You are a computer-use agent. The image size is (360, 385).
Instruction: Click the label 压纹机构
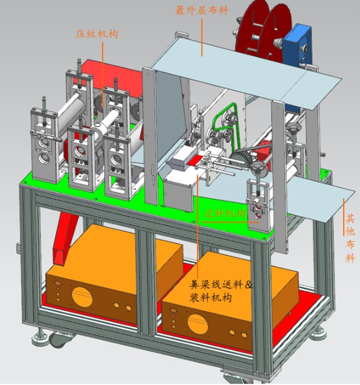97,34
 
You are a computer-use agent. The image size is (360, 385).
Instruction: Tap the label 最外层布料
202,10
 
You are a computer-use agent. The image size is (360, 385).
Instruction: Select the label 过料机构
225,214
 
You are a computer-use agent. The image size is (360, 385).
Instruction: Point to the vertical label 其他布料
350,238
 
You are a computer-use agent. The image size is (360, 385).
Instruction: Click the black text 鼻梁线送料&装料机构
220,291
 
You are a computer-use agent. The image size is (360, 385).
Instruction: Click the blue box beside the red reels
297,45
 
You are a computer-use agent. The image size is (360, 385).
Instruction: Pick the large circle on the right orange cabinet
198,324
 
